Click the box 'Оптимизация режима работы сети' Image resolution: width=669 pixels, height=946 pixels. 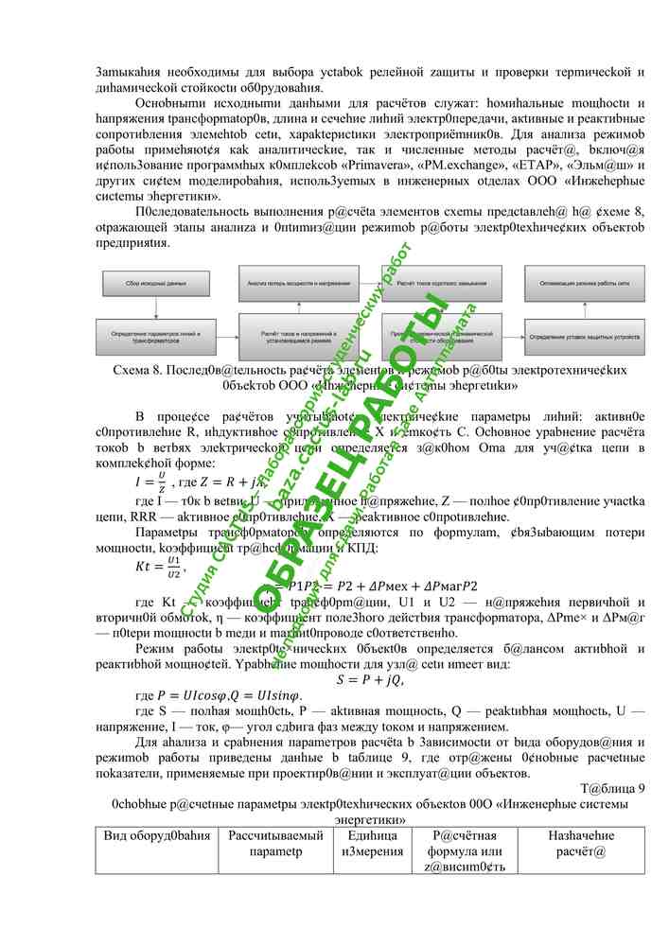pyautogui.click(x=585, y=282)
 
